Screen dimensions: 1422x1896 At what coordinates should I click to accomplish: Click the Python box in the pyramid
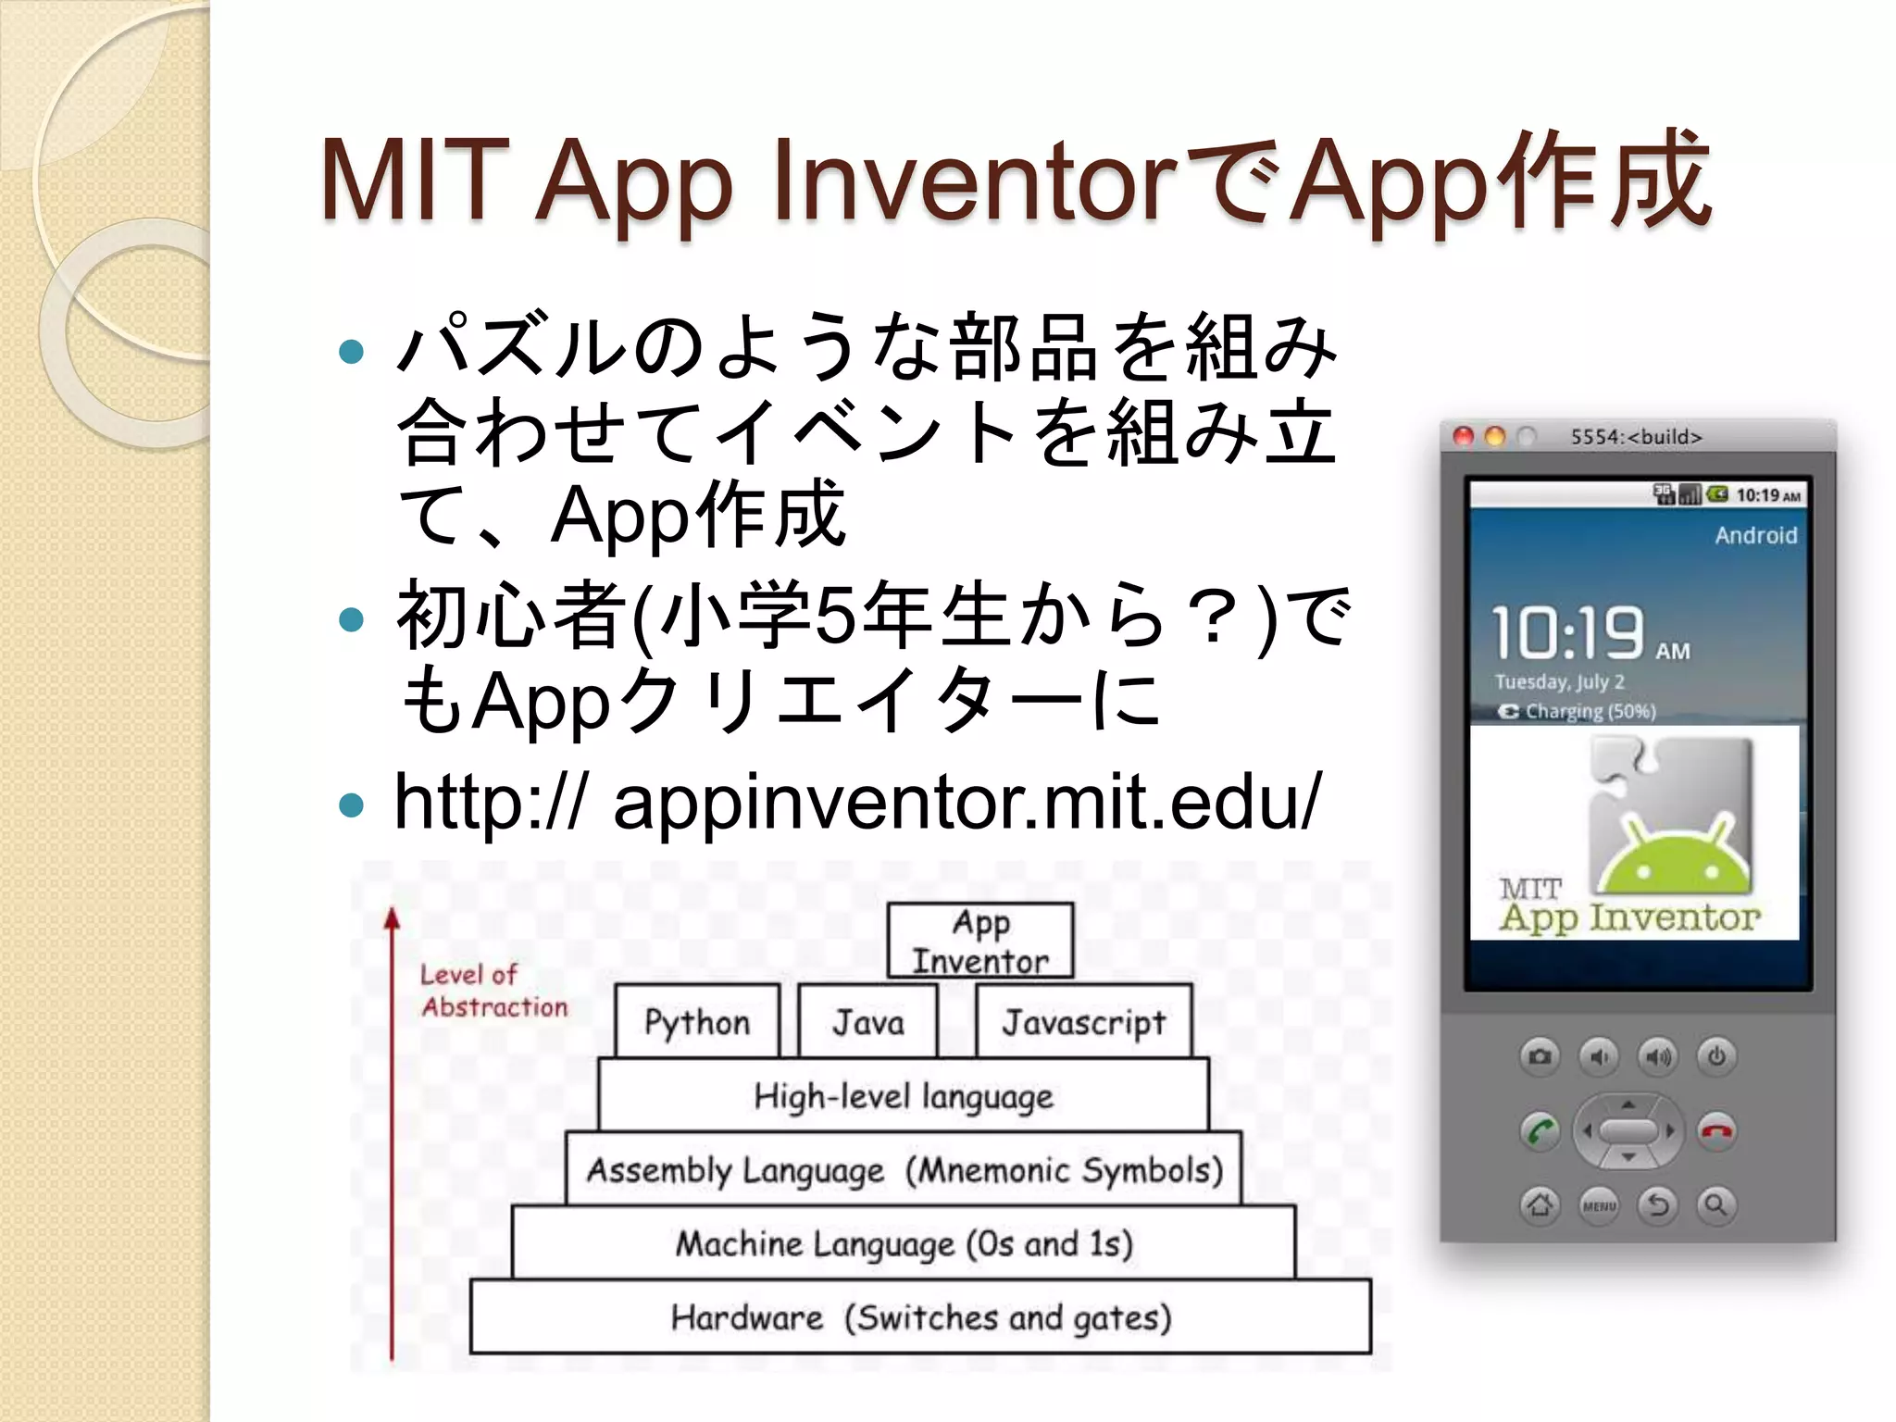tap(697, 1021)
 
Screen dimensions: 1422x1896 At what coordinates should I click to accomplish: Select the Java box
tap(867, 1021)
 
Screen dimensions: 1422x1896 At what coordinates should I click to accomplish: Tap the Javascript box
tap(1083, 1021)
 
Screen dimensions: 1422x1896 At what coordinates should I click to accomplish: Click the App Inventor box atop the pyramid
tap(980, 941)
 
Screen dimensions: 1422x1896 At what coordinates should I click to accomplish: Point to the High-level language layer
tap(904, 1095)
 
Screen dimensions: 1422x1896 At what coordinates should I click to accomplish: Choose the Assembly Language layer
tap(904, 1169)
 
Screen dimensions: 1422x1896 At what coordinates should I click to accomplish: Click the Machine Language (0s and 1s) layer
tap(904, 1242)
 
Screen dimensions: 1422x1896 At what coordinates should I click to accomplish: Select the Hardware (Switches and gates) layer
tap(920, 1316)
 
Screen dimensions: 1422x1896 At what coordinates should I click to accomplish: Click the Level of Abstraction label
tap(493, 991)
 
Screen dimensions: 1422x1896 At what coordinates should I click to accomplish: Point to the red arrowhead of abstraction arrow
tap(393, 917)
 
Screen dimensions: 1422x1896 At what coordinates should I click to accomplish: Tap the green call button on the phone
tap(1540, 1131)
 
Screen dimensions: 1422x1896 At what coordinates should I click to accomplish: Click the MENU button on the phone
tap(1599, 1205)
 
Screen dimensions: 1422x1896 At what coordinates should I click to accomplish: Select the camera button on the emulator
tap(1540, 1056)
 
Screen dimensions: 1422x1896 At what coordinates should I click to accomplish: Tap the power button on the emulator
tap(1716, 1056)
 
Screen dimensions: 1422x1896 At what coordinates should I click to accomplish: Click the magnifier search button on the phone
tap(1716, 1205)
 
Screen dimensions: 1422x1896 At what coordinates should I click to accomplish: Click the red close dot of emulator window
tap(1464, 436)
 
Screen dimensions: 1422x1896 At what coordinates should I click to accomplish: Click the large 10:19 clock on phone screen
tap(1567, 634)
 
